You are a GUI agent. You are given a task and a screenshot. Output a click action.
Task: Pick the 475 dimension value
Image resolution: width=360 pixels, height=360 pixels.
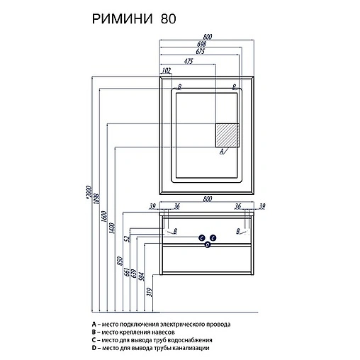coord(189,61)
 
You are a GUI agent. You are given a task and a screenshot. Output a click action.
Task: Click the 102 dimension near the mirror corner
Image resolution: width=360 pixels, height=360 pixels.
coord(167,70)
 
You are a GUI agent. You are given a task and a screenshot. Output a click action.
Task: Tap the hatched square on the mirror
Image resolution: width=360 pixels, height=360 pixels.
coord(227,135)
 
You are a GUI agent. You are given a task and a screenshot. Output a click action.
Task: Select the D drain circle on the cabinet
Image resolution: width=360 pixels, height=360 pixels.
coord(208,244)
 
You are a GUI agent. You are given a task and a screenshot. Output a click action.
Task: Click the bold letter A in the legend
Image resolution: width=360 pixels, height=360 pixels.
coord(94,324)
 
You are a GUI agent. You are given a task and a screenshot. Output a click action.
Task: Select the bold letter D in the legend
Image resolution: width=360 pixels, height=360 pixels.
coord(94,349)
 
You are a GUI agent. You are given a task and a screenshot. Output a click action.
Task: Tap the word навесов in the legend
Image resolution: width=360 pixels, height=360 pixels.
coord(160,332)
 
